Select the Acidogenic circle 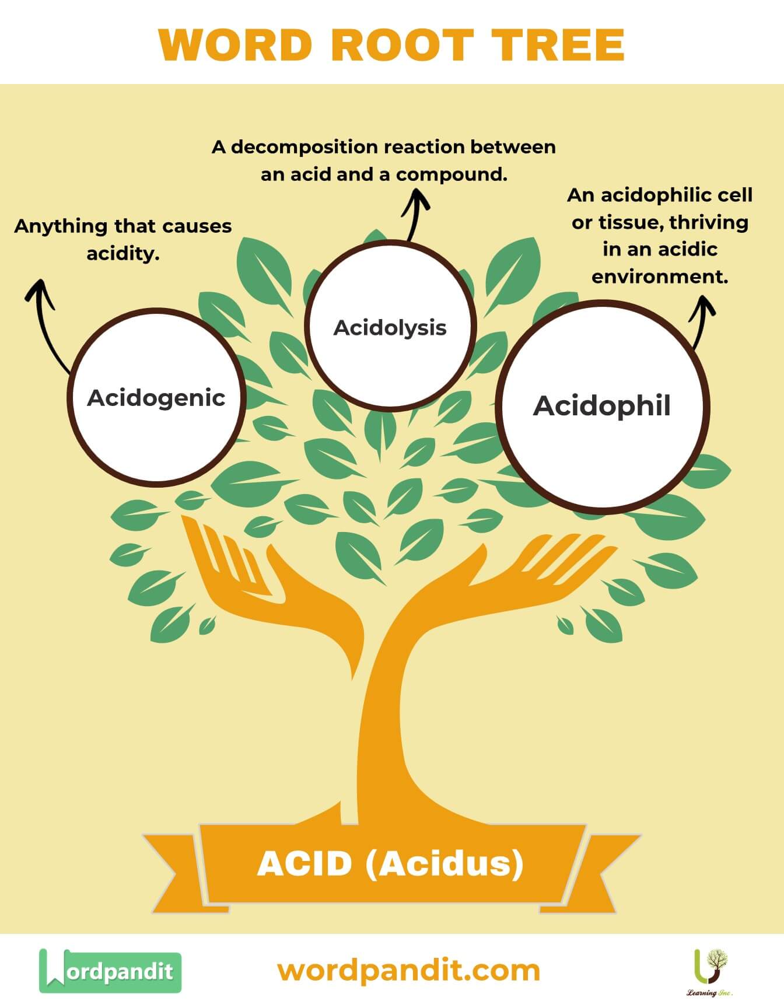(x=156, y=397)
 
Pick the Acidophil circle (x=602, y=406)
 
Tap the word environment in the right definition (x=660, y=276)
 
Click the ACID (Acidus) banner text (x=390, y=863)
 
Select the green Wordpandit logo (x=110, y=971)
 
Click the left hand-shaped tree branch (x=257, y=577)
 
